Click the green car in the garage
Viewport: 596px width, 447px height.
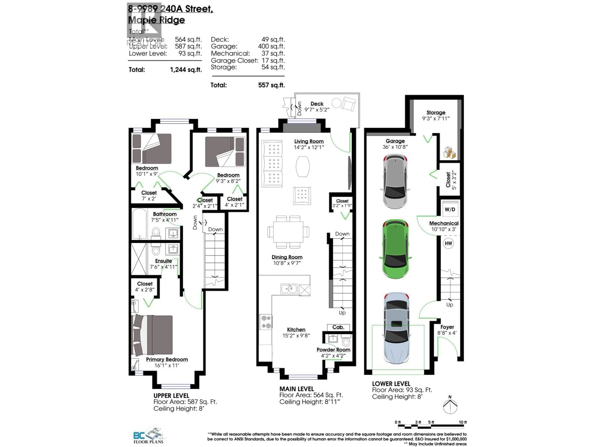pyautogui.click(x=395, y=249)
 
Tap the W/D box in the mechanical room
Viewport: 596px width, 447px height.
pyautogui.click(x=450, y=209)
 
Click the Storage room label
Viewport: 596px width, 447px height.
pyautogui.click(x=436, y=112)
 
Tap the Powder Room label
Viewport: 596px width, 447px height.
pyautogui.click(x=333, y=350)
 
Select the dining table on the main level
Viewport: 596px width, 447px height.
pyautogui.click(x=288, y=232)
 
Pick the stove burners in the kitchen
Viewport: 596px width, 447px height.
pyautogui.click(x=266, y=322)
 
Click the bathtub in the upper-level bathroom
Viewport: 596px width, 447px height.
pyautogui.click(x=140, y=224)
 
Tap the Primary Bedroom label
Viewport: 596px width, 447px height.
pyautogui.click(x=167, y=359)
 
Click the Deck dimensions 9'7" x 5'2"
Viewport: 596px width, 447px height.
pyautogui.click(x=317, y=110)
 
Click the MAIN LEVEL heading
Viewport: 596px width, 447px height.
pyautogui.click(x=296, y=389)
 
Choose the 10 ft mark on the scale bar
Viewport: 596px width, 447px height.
pyautogui.click(x=462, y=422)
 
